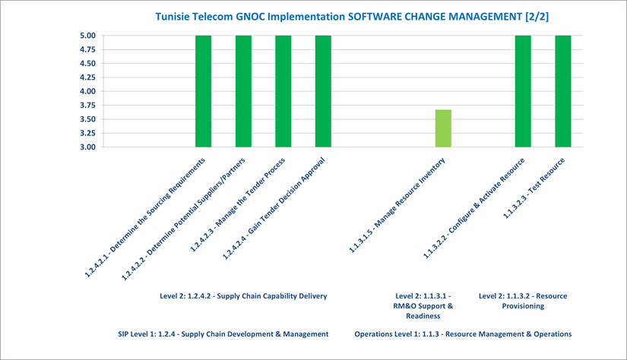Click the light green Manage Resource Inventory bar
coord(443,128)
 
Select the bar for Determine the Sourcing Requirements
coord(203,91)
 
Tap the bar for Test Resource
coord(563,91)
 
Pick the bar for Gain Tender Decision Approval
coord(323,91)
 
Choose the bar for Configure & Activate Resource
coord(523,91)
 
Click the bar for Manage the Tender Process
coord(283,91)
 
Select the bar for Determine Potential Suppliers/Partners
coord(243,91)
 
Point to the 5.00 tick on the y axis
coord(87,36)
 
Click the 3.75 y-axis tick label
coord(87,105)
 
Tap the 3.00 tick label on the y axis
coord(87,147)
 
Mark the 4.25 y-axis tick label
coord(87,77)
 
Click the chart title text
coord(352,17)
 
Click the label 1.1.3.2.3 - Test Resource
coord(534,188)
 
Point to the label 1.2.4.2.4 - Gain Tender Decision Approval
coord(274,209)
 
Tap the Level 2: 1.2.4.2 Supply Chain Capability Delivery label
coord(243,296)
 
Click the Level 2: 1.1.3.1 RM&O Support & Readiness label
coord(423,306)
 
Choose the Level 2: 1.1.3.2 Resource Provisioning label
coord(523,301)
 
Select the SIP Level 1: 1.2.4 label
coord(223,334)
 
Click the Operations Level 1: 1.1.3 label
coord(463,334)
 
